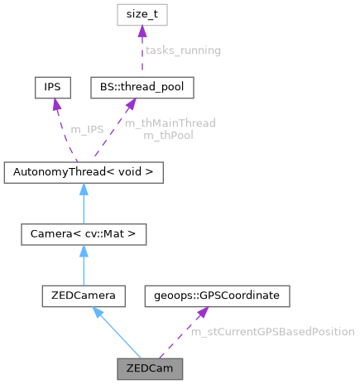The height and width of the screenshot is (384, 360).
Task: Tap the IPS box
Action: (x=52, y=86)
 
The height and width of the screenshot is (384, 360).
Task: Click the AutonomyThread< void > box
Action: (x=83, y=172)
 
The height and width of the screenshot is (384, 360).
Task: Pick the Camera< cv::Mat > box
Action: (x=83, y=234)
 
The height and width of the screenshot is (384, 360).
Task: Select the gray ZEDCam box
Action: (x=149, y=365)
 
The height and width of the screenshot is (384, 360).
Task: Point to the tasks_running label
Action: (x=183, y=51)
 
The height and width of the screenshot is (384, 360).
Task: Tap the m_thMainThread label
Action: (x=170, y=122)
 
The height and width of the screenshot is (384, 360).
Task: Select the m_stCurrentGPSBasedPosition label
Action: (x=272, y=332)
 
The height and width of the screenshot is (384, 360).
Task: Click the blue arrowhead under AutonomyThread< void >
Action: (x=83, y=189)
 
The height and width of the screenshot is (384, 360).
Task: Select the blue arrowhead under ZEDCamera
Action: (x=98, y=311)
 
